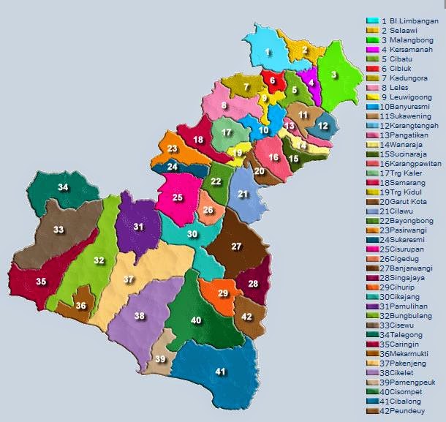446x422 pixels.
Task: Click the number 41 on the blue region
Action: pos(221,371)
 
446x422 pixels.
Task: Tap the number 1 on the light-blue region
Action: pos(268,51)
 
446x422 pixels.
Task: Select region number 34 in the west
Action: pos(64,188)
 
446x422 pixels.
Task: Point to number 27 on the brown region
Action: pos(236,246)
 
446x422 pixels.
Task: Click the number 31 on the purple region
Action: pos(138,227)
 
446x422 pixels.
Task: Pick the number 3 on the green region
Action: pos(333,74)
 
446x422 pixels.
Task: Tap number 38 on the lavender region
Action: pos(139,316)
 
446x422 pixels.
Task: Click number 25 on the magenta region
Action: pos(178,197)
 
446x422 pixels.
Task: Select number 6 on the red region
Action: pos(273,80)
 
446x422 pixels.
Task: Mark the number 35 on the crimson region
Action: pos(41,282)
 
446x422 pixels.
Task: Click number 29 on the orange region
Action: pos(224,293)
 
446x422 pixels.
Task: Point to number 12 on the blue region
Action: pos(323,126)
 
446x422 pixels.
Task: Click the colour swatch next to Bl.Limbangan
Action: pos(372,21)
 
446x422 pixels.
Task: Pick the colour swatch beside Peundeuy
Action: pos(372,410)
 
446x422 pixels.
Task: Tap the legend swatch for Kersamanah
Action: pos(372,49)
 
